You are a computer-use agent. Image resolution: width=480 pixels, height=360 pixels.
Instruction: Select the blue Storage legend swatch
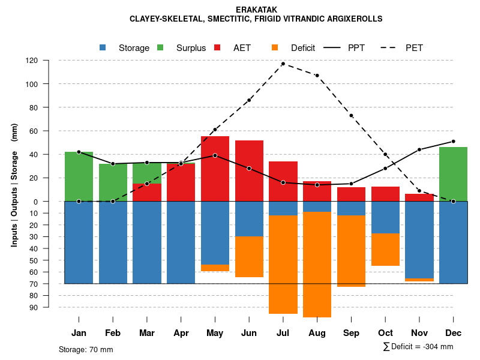[103, 47]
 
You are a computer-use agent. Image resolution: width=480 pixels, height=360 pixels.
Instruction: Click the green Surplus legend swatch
[161, 47]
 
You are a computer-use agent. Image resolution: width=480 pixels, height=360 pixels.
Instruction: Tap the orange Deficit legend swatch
[275, 47]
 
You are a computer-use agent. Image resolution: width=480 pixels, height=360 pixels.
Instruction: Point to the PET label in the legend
[414, 48]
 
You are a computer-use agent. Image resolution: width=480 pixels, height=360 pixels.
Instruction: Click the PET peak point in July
[283, 64]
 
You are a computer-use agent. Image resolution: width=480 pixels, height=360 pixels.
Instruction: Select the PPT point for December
[453, 142]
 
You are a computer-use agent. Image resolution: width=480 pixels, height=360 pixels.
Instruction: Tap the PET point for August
[317, 76]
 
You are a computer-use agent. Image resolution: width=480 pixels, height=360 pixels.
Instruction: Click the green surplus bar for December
[453, 174]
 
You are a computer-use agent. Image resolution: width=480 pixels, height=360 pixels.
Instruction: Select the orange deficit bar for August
[317, 264]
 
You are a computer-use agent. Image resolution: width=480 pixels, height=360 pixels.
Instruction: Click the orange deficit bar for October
[385, 250]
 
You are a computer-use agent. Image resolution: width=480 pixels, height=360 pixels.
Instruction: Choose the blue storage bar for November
[419, 239]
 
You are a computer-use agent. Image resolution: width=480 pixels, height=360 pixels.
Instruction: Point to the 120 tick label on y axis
[49, 61]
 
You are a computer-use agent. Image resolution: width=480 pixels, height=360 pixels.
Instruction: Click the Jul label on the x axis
[283, 333]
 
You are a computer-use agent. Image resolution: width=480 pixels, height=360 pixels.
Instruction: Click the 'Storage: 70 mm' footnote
[86, 349]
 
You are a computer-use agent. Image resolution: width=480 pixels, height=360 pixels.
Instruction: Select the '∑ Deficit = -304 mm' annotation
[418, 347]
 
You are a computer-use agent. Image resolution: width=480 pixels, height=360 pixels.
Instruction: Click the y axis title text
[14, 185]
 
